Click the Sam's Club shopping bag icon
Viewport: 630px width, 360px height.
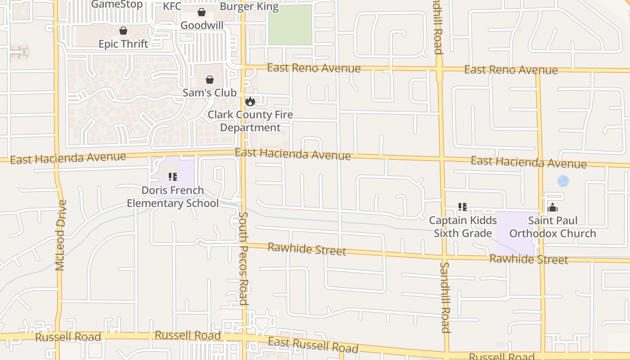coord(210,80)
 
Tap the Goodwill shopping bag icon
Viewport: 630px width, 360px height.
coord(202,13)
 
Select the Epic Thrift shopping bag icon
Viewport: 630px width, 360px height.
coord(123,31)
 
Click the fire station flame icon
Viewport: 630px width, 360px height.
coord(250,102)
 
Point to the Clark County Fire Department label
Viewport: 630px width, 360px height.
coord(250,121)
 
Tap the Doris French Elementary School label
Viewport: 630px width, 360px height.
coord(173,197)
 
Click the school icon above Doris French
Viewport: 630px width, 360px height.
coord(173,177)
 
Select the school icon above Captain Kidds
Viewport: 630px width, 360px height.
coord(463,207)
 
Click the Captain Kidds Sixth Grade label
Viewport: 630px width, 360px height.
coord(463,227)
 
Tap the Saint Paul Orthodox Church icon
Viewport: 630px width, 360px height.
coord(553,207)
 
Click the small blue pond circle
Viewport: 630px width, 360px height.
coord(563,181)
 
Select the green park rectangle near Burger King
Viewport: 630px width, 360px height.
coord(290,25)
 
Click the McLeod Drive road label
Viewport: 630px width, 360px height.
coord(61,235)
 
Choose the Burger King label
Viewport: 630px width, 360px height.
coord(249,7)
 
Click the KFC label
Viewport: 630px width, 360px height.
coord(172,6)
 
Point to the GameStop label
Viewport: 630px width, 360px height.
coord(117,4)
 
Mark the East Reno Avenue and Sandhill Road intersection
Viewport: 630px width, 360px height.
coord(440,69)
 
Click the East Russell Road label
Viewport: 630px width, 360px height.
coord(313,345)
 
